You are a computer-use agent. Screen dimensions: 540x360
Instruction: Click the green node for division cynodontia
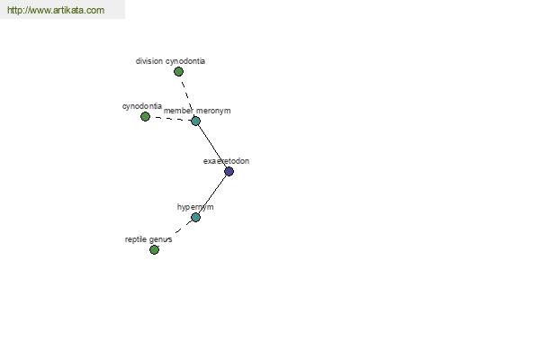pos(178,72)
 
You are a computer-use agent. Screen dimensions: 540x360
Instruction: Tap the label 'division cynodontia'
pos(170,61)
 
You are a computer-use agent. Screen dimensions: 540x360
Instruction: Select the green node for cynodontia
pos(145,116)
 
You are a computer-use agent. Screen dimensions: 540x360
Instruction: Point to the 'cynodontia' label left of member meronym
pos(142,106)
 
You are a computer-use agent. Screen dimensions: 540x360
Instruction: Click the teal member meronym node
pos(195,121)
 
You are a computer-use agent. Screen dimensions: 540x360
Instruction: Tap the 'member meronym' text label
pos(197,111)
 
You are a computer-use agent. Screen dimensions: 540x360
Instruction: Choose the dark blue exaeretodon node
pos(229,171)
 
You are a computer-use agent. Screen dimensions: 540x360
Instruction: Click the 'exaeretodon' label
pos(226,161)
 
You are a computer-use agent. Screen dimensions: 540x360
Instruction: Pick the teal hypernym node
pos(195,218)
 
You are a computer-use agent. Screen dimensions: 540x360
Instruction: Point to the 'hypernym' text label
pos(195,207)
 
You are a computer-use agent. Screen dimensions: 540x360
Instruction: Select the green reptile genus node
pos(154,250)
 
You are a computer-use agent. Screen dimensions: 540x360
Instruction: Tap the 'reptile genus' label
pos(148,239)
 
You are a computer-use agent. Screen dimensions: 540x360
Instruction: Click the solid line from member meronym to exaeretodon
pos(212,146)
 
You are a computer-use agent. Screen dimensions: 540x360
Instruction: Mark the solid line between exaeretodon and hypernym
pos(212,194)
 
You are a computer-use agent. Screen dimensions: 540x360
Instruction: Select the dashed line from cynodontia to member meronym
pos(170,119)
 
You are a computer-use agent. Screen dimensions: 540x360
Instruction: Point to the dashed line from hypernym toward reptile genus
pos(184,227)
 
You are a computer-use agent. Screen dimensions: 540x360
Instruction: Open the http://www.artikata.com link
pos(56,10)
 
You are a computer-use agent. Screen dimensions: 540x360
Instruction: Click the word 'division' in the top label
pos(149,61)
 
